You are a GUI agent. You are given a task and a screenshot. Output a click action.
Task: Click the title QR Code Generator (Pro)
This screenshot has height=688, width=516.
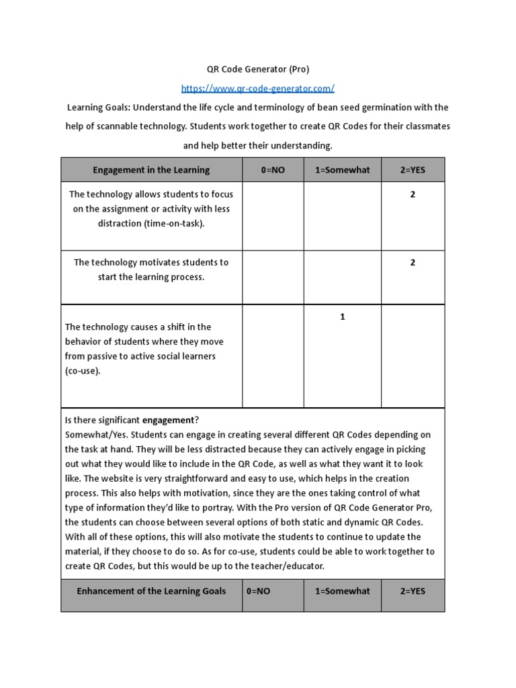click(258, 69)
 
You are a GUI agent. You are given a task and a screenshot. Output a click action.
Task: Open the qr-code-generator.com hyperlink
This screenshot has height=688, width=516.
click(258, 89)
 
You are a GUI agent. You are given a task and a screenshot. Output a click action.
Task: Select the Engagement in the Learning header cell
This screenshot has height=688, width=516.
click(151, 170)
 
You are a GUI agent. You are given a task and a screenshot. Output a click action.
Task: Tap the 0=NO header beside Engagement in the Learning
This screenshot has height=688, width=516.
click(273, 170)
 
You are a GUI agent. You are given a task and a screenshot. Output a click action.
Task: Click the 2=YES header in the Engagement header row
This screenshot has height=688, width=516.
click(413, 170)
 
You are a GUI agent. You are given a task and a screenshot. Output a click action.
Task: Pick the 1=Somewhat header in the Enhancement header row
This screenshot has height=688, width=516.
click(342, 591)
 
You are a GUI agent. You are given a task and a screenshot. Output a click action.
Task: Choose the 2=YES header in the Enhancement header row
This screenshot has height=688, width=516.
click(413, 591)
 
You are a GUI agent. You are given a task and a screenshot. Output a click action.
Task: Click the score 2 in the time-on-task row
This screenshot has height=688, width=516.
click(413, 195)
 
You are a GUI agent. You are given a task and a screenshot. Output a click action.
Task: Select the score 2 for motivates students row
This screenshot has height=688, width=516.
click(413, 263)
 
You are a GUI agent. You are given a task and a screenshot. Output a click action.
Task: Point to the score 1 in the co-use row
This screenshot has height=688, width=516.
click(342, 317)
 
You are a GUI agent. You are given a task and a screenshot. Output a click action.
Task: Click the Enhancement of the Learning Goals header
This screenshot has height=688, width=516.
click(151, 591)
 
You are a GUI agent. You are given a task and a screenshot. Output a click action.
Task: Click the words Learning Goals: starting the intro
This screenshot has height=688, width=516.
click(97, 107)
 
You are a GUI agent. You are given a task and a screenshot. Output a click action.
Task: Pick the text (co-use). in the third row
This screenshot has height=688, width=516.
click(83, 371)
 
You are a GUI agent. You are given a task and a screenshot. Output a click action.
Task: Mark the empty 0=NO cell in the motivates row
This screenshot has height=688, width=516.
click(273, 277)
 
